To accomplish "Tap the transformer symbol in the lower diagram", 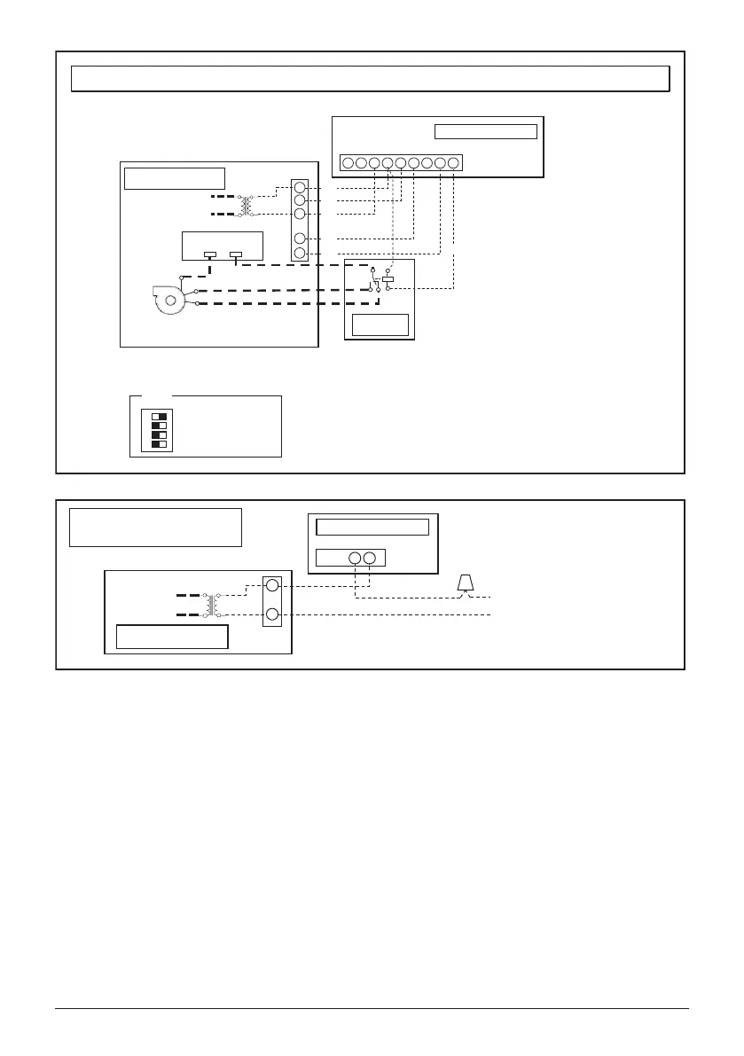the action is point(213,603).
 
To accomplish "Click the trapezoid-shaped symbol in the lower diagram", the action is point(464,583).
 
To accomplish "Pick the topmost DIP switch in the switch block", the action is point(160,415).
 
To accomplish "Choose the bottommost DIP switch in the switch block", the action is point(160,443).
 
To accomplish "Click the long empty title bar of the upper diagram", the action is point(370,78).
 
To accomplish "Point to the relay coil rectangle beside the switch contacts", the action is point(388,278).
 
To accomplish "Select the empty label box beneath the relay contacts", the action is point(380,325).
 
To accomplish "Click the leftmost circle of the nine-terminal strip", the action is point(349,163).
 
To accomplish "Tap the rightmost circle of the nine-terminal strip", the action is point(453,163).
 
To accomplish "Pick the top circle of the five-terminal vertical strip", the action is point(300,188).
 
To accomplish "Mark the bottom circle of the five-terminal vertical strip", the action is point(300,254).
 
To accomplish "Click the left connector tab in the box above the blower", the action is point(210,255).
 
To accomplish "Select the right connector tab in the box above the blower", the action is point(235,255).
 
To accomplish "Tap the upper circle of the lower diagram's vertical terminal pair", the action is point(272,586).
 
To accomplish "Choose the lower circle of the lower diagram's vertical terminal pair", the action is point(272,615).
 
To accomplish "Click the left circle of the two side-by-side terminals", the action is point(355,559).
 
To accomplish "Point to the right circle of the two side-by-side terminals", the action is point(370,559).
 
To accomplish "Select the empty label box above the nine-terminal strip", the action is point(486,132).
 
